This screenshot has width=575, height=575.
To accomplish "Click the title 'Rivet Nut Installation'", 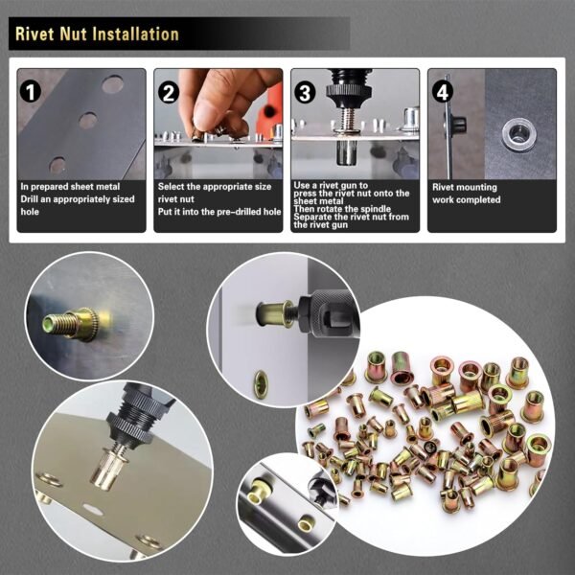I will coord(97,34).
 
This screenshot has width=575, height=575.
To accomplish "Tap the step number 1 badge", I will coord(32,93).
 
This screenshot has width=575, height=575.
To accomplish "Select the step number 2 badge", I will coord(170,93).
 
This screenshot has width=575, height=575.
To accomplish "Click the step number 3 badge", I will coord(306,93).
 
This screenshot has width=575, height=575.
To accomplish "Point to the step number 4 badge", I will coord(442,93).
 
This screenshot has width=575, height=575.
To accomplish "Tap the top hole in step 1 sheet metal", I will coord(112,84).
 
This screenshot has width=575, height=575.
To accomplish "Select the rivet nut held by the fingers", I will coord(222,129).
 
